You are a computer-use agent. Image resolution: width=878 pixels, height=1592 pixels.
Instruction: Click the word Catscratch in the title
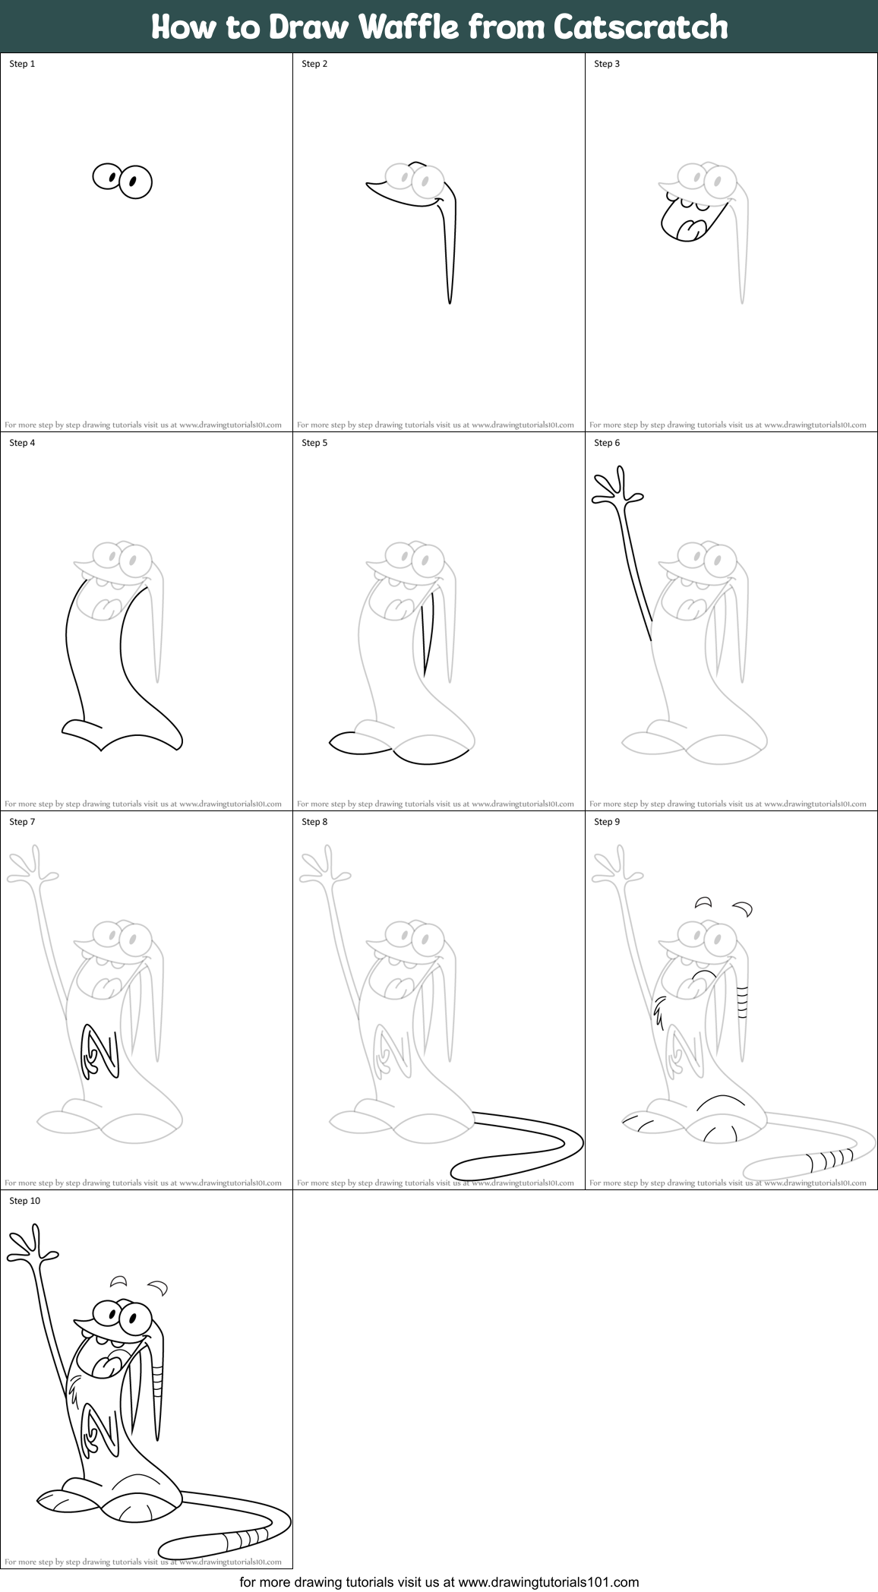pyautogui.click(x=640, y=27)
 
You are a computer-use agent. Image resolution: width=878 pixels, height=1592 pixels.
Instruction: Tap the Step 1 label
pyautogui.click(x=22, y=64)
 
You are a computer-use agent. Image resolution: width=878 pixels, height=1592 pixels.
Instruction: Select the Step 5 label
pyautogui.click(x=314, y=443)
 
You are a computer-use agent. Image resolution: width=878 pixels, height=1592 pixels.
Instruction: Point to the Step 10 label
pyautogui.click(x=25, y=1201)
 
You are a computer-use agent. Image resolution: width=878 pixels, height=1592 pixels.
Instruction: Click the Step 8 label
pyautogui.click(x=314, y=822)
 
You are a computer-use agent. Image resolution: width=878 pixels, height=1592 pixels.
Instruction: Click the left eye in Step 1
pyautogui.click(x=107, y=177)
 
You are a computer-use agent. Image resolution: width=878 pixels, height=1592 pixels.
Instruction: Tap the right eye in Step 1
pyautogui.click(x=136, y=182)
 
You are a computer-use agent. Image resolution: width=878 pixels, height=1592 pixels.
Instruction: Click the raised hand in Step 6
pyautogui.click(x=616, y=488)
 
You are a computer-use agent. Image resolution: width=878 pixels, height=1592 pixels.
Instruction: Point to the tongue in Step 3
pyautogui.click(x=690, y=228)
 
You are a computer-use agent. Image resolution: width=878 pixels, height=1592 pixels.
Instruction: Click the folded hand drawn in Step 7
pyautogui.click(x=97, y=1052)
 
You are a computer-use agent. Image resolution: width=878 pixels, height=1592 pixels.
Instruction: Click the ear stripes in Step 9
pyautogui.click(x=743, y=1001)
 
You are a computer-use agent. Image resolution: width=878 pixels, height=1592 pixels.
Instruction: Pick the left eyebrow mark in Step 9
pyautogui.click(x=703, y=902)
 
